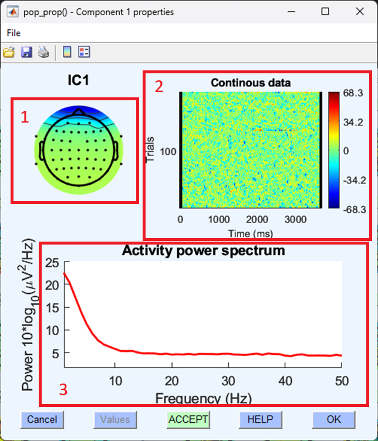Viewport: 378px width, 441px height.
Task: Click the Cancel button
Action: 42,419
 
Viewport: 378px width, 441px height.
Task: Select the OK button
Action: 333,419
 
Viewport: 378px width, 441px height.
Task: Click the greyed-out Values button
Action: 114,419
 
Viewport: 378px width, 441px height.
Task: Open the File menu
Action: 14,33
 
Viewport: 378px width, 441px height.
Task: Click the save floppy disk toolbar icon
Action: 26,53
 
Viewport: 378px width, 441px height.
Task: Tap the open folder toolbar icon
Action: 9,53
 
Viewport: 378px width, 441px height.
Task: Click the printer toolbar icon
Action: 43,53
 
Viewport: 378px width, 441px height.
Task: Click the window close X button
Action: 359,12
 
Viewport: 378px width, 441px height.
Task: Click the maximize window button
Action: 325,12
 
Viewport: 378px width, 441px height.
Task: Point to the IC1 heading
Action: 78,81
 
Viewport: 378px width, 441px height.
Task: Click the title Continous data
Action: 251,83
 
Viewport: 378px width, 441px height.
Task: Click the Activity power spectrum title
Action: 203,251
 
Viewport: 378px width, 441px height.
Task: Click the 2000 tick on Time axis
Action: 258,219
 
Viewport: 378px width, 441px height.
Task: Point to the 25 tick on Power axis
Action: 53,262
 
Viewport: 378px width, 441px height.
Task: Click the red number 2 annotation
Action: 158,86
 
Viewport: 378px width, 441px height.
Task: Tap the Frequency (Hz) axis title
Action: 203,399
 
